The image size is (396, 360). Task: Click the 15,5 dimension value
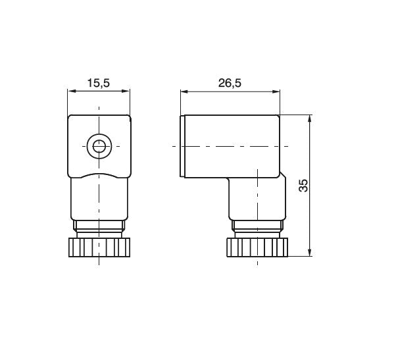[98, 84]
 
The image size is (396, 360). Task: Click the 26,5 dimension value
[230, 84]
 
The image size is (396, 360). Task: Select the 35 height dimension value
[303, 186]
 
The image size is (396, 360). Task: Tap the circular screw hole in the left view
[99, 146]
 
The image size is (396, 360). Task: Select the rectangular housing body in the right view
[234, 146]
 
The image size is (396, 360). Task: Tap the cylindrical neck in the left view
[99, 201]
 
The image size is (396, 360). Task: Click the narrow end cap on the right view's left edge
[182, 146]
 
